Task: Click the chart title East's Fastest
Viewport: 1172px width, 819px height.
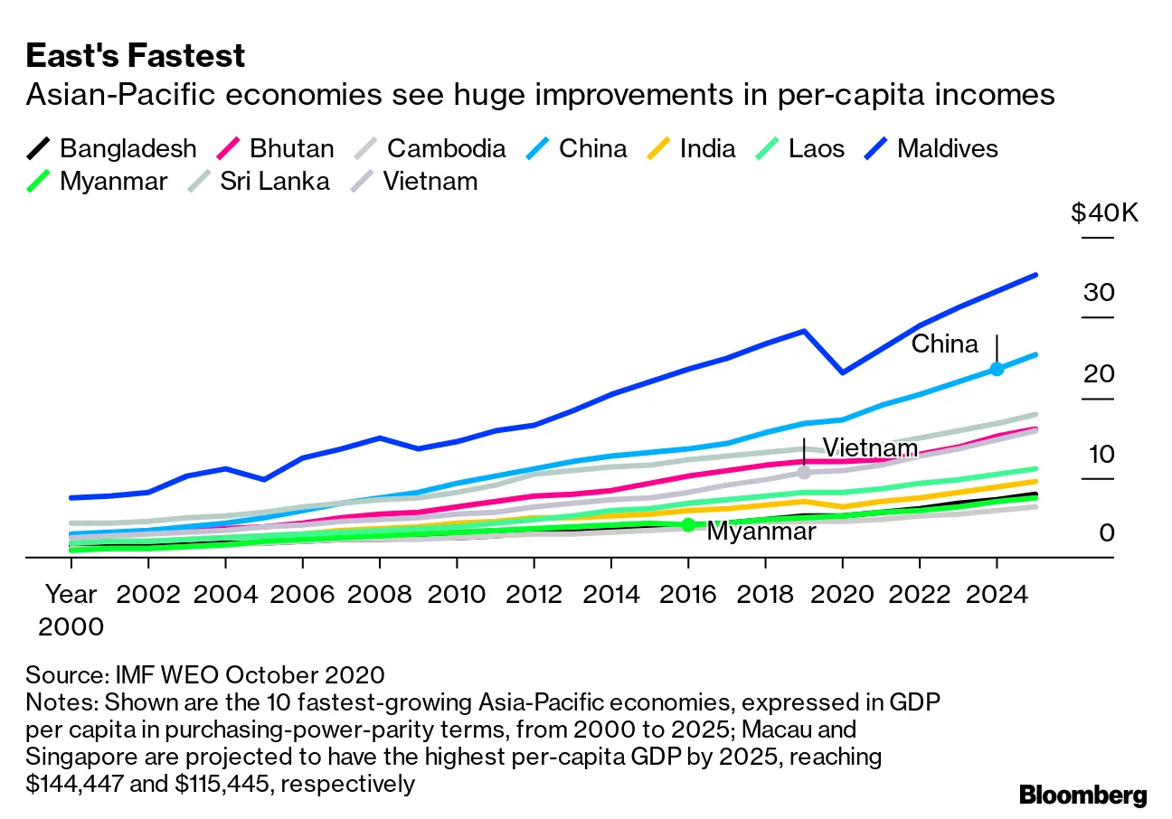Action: [136, 56]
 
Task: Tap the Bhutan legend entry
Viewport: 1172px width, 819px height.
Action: [277, 148]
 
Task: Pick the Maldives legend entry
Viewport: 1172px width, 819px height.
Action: [931, 148]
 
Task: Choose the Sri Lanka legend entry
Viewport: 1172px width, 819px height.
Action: [258, 181]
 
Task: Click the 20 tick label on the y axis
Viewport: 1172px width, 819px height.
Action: [1101, 374]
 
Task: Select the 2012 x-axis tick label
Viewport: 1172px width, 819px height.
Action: [534, 595]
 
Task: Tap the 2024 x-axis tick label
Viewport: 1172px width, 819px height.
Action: [996, 595]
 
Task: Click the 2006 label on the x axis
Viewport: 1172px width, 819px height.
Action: [303, 595]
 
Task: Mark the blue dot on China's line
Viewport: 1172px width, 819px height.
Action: [997, 369]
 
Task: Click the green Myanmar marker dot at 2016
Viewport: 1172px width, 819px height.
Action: [688, 524]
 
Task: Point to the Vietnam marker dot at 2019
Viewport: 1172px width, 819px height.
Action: [804, 472]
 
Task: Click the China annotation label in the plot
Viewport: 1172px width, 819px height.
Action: [944, 344]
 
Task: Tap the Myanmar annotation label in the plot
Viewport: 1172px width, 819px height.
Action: [761, 532]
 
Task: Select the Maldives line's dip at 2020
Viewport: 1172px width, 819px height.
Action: [842, 372]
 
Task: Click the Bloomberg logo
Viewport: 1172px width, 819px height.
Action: [1082, 795]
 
